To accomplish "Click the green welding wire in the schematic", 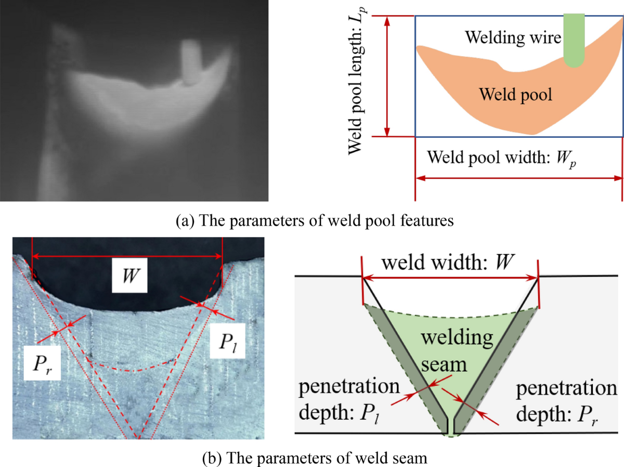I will point(574,42).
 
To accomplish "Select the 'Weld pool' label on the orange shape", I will point(515,95).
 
